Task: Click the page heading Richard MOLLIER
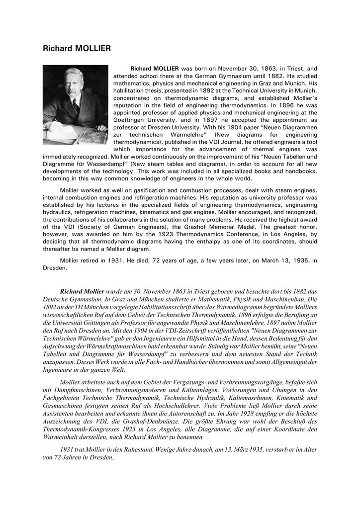[77, 48]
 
